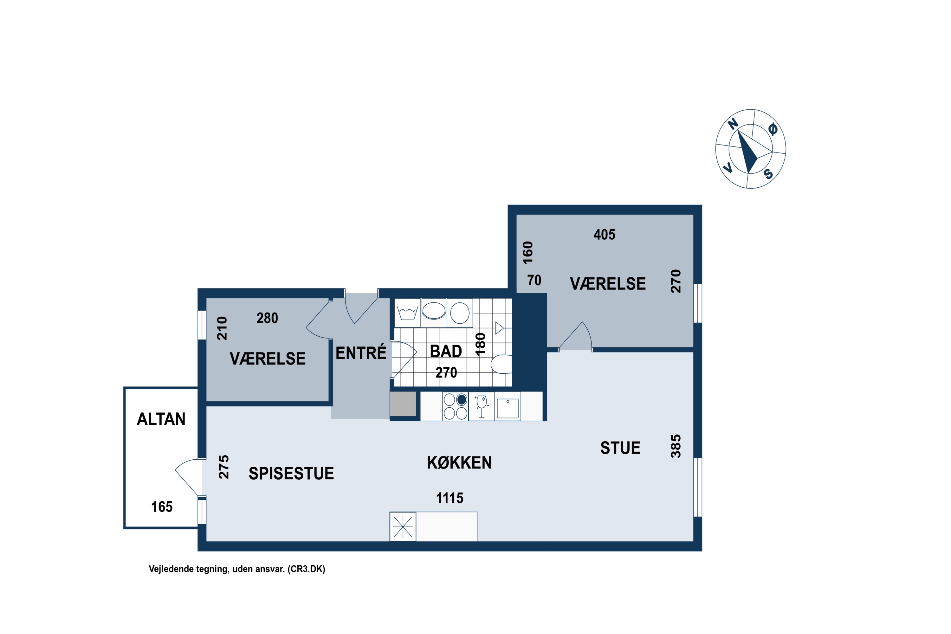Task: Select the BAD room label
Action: tap(446, 351)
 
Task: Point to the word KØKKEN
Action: tap(459, 463)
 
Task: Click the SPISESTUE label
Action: tap(291, 474)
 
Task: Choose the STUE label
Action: tap(620, 448)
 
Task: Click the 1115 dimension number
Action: tap(450, 498)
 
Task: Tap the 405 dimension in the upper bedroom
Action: tap(604, 235)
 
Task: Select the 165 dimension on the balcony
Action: tap(162, 507)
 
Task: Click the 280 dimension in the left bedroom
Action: tap(267, 318)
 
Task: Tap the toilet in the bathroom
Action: tap(501, 364)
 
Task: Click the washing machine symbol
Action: tap(407, 313)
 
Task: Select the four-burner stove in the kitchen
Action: tap(456, 406)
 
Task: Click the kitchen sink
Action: tap(508, 408)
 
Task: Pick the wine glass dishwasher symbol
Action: tap(482, 406)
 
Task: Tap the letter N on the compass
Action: tap(733, 124)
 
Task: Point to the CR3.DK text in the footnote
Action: tap(306, 569)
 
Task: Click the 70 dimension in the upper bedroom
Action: tap(534, 280)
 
